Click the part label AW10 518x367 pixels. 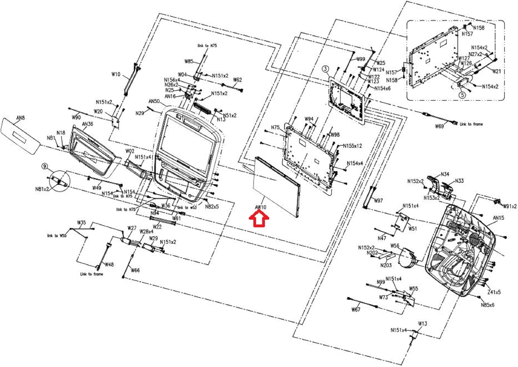click(x=261, y=207)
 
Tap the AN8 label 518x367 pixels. click(x=21, y=118)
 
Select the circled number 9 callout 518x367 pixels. click(x=44, y=166)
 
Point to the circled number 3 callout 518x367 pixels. click(x=325, y=69)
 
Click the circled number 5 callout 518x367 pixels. click(x=462, y=94)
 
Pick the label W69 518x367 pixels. click(x=439, y=126)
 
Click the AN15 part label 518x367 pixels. click(x=498, y=218)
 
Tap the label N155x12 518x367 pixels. click(x=352, y=146)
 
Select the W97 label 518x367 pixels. click(x=378, y=201)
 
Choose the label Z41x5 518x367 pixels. click(x=494, y=292)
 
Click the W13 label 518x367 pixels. click(x=422, y=323)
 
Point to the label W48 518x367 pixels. click(x=109, y=264)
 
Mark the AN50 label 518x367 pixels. click(x=154, y=101)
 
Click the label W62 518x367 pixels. click(x=237, y=80)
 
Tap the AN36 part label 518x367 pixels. click(x=87, y=124)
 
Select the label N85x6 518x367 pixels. click(x=488, y=305)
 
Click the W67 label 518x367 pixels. click(x=356, y=309)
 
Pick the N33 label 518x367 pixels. click(x=459, y=181)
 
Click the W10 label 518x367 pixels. click(x=116, y=74)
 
